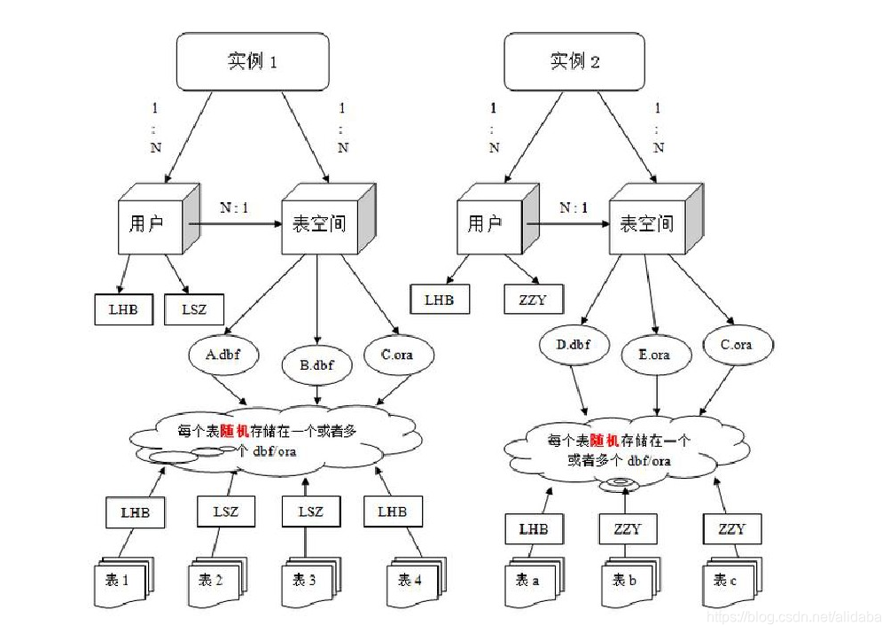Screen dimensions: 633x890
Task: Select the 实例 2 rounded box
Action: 574,63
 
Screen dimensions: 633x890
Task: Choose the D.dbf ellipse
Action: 574,344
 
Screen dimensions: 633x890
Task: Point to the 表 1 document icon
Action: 123,581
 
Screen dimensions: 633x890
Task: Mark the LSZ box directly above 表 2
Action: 225,512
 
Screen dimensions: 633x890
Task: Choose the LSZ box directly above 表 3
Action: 311,512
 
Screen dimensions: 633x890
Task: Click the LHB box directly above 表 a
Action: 534,530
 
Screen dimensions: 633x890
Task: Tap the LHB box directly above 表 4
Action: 392,512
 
